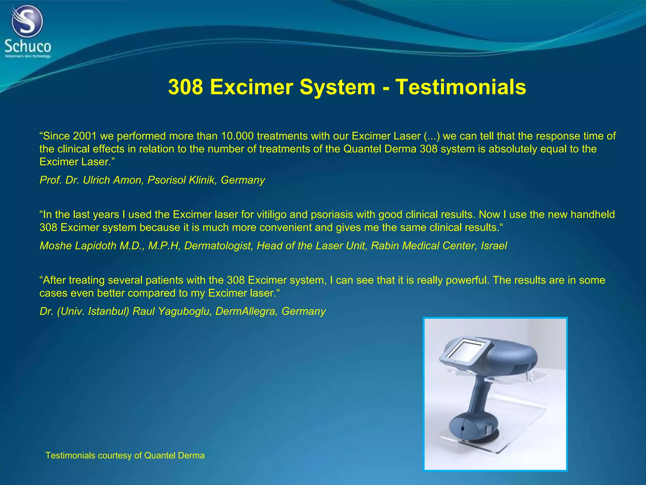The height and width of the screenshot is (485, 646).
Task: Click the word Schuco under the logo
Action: point(28,47)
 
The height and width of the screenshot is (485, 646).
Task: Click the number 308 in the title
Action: point(185,87)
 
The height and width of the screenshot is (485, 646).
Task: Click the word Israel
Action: point(494,246)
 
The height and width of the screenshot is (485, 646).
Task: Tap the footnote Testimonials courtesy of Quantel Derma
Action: point(125,455)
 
